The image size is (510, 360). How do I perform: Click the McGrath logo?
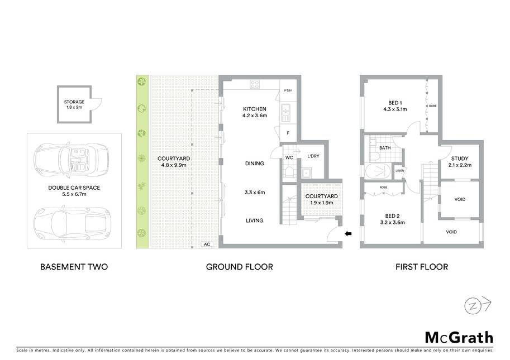click(459, 338)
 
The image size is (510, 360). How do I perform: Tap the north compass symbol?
click(478, 305)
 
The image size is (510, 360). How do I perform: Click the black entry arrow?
click(348, 233)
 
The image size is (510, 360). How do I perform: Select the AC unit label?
click(207, 244)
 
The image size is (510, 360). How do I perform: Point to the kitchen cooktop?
click(255, 84)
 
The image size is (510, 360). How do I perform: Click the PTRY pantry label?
click(288, 90)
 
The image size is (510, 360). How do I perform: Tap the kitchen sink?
click(285, 113)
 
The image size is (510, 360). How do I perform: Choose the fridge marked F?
click(288, 133)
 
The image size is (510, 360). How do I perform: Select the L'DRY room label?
click(313, 156)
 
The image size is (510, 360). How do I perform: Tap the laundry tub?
click(306, 173)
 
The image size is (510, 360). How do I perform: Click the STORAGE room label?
click(74, 102)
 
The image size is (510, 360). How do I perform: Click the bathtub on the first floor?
click(379, 171)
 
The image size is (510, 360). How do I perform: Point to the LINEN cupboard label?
click(400, 171)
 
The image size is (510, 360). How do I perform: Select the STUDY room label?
click(460, 159)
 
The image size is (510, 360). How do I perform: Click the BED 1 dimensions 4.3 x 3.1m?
click(395, 109)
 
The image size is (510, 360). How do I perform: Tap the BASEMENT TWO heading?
click(74, 267)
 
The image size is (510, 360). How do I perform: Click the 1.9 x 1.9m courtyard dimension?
click(322, 203)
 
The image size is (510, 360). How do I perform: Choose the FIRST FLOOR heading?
click(422, 267)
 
